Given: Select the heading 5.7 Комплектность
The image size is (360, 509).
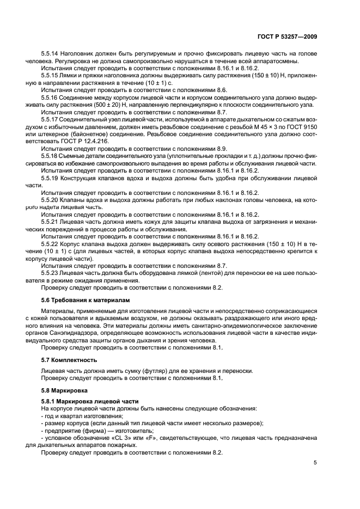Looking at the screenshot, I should [x=69, y=360].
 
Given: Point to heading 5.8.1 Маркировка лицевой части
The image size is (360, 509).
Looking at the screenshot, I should [x=83, y=401].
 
